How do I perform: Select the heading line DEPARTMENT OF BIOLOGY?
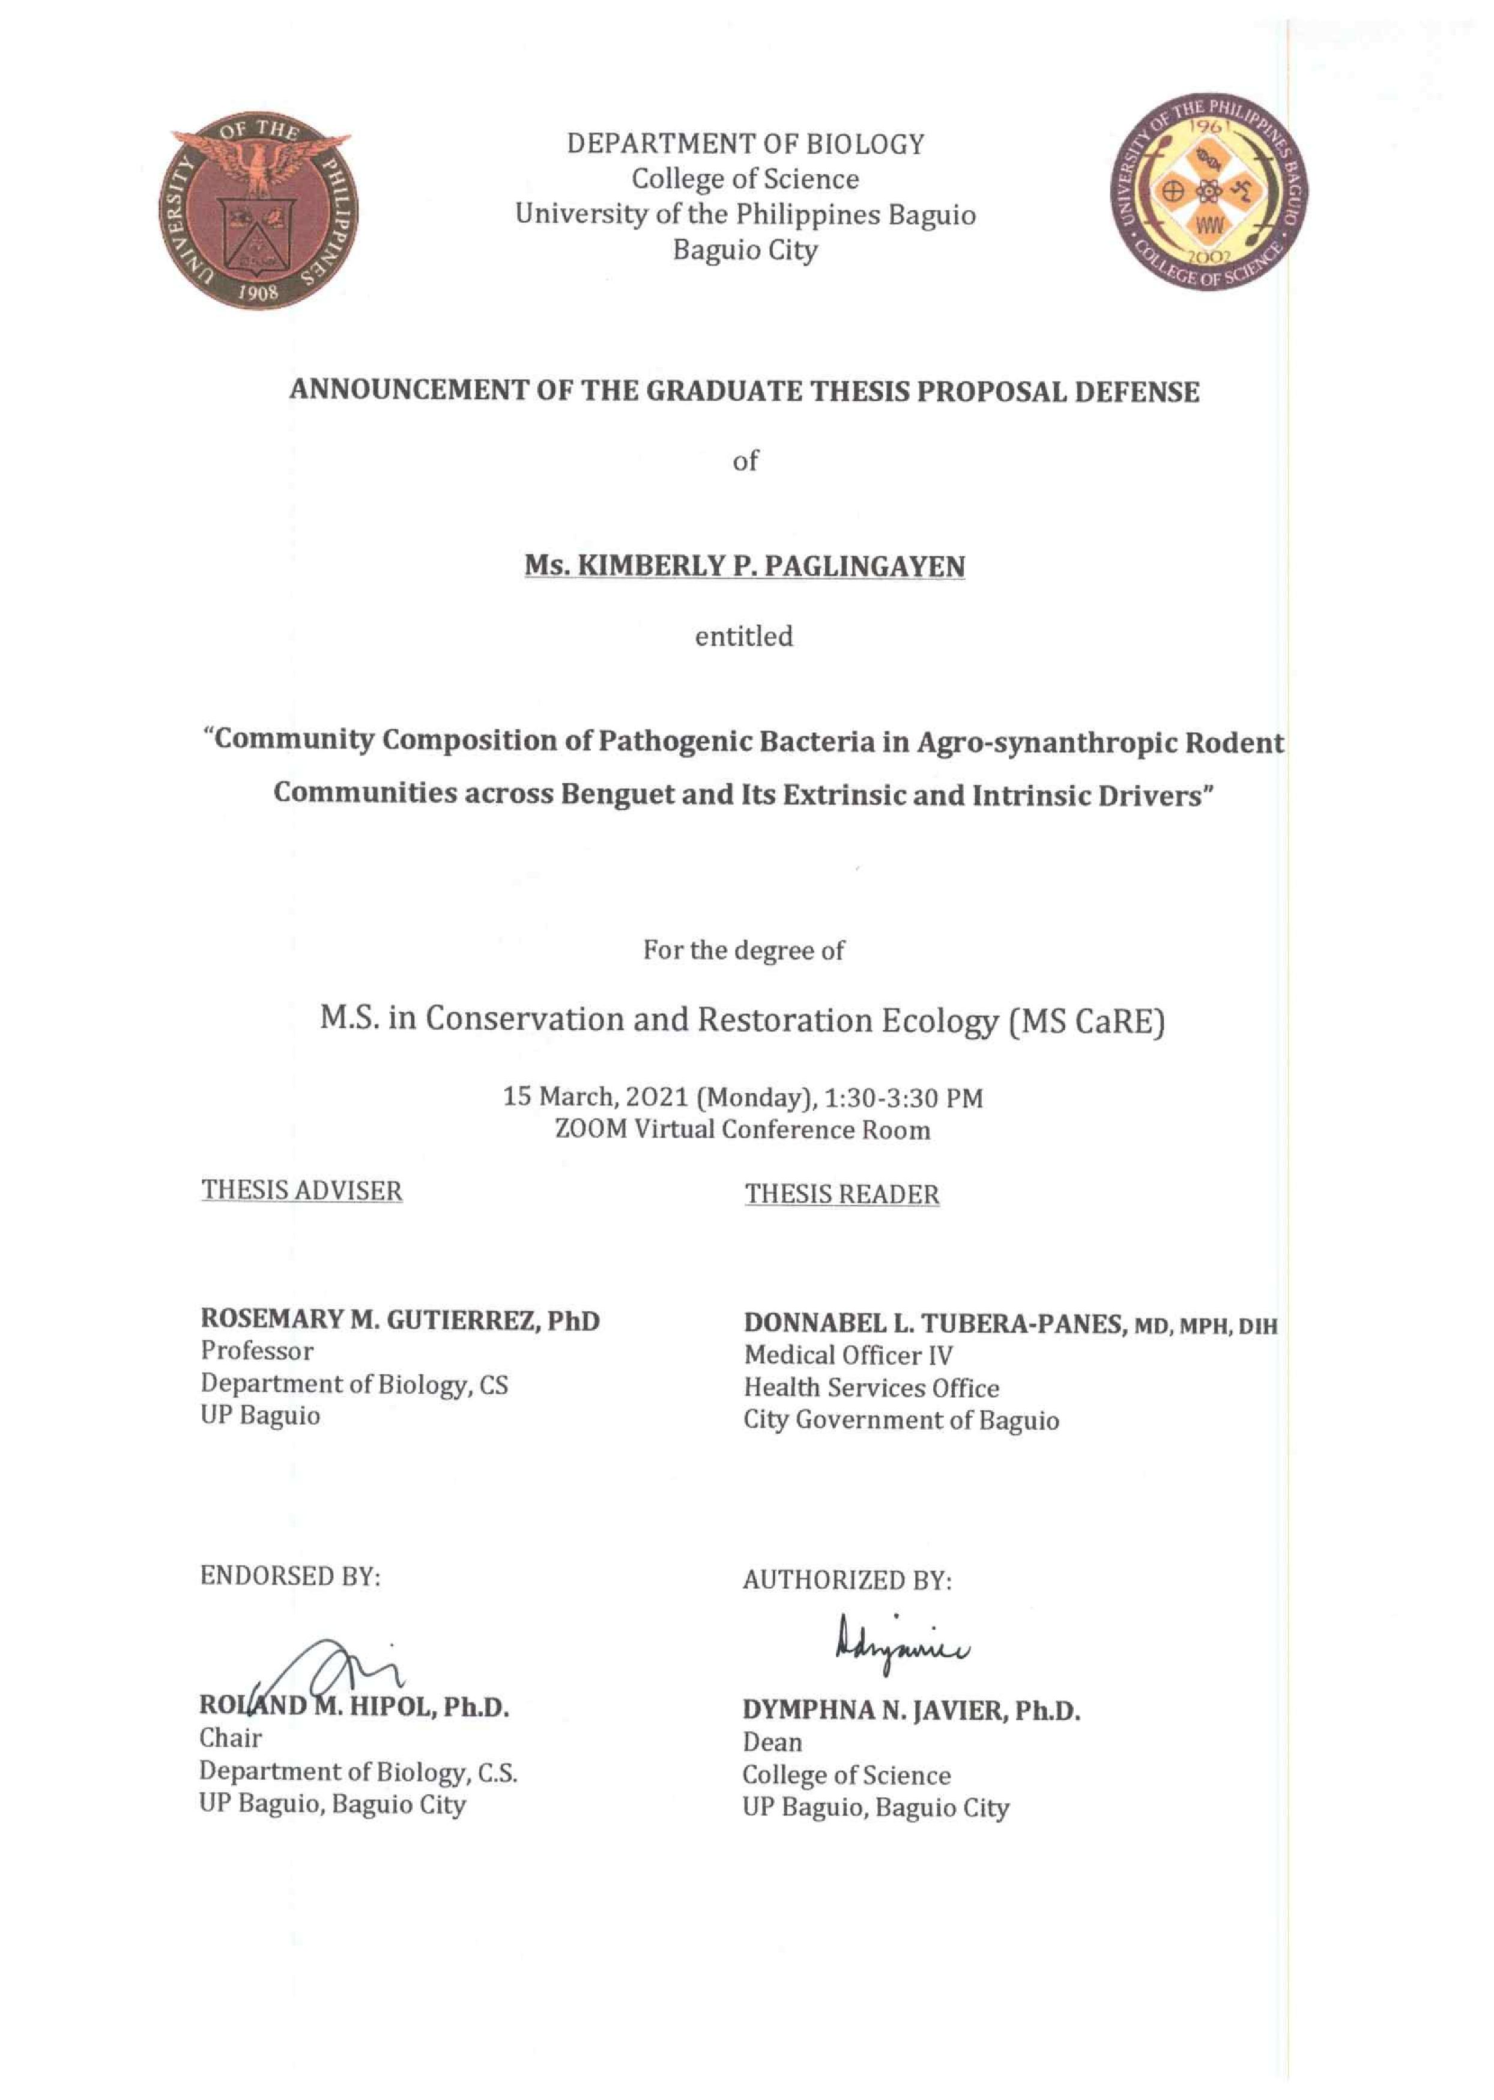click(x=745, y=145)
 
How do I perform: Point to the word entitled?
click(x=743, y=637)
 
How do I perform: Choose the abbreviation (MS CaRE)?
click(x=1086, y=1022)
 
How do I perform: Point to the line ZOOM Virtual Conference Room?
click(x=742, y=1130)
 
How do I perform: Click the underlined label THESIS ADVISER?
click(x=302, y=1191)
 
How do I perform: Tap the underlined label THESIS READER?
click(x=842, y=1195)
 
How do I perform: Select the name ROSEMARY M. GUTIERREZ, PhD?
click(x=400, y=1320)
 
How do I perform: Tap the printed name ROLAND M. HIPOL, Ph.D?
click(x=354, y=1708)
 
